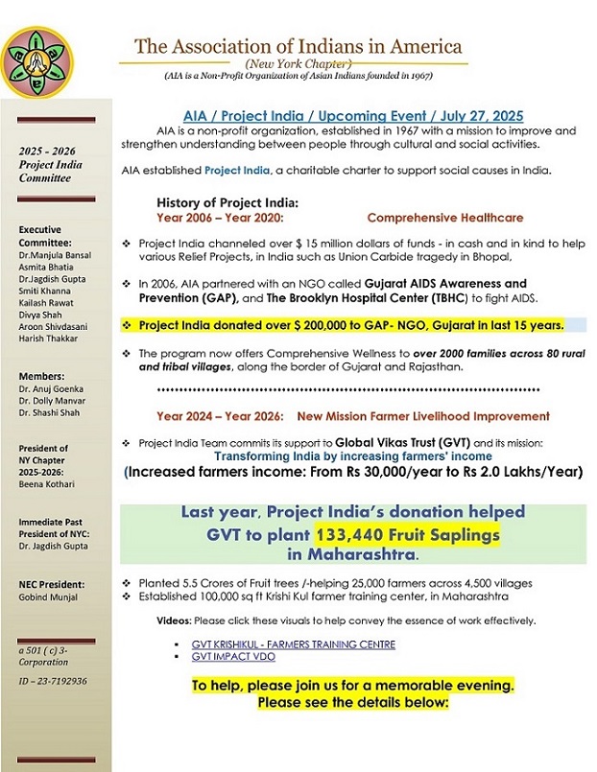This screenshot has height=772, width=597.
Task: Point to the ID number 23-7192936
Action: click(x=53, y=681)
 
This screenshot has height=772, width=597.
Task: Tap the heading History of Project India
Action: click(x=227, y=202)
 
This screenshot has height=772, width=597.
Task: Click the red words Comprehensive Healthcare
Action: click(x=445, y=218)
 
